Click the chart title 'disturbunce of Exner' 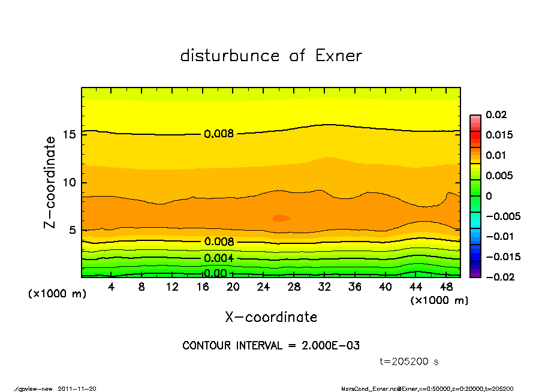click(x=271, y=56)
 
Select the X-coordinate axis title click(x=271, y=316)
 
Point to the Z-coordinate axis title click(x=50, y=182)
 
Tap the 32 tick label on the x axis click(x=324, y=287)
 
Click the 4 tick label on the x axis click(x=111, y=287)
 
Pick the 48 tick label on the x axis click(x=446, y=287)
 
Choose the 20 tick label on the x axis click(x=233, y=287)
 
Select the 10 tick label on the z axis click(x=70, y=182)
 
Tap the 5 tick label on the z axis click(x=72, y=230)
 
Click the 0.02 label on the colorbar click(x=496, y=114)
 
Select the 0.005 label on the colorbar click(x=499, y=176)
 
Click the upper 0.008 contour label click(x=219, y=134)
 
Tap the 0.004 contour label click(x=219, y=258)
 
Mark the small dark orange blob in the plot click(x=281, y=218)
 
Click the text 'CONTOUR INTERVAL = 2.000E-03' click(x=271, y=345)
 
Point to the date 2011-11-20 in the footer click(x=77, y=388)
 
